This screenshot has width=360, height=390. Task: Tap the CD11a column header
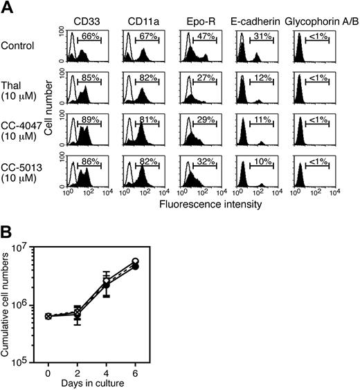[141, 12]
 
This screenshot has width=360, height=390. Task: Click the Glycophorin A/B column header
[318, 12]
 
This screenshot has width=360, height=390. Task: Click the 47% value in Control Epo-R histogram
[204, 35]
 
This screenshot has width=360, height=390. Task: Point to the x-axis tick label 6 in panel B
[136, 367]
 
